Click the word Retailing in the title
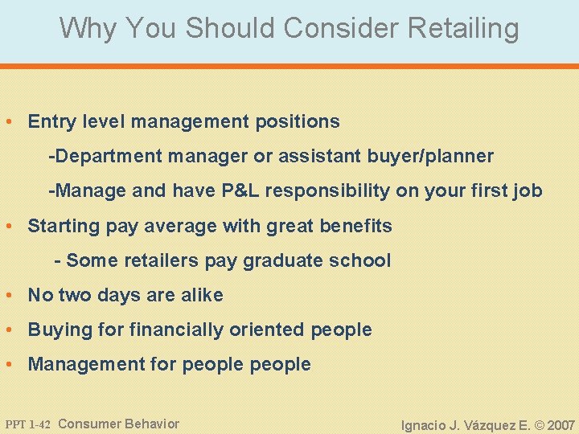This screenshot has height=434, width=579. click(464, 29)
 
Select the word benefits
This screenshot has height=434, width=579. click(357, 226)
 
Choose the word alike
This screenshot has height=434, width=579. click(201, 295)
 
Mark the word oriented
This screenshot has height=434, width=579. click(274, 330)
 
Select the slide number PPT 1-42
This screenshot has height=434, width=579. click(27, 424)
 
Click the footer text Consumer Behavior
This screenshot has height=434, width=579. click(119, 424)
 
